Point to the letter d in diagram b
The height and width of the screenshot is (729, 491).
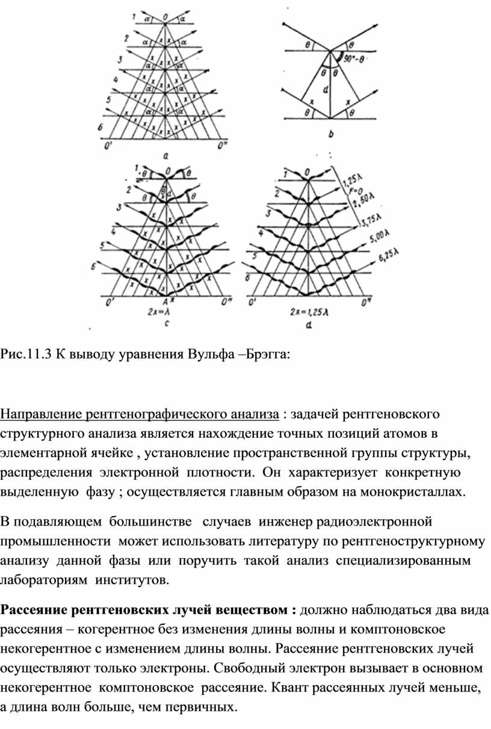pyautogui.click(x=326, y=91)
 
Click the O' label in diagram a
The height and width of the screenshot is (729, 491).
pyautogui.click(x=108, y=146)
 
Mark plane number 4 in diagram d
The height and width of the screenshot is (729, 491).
pyautogui.click(x=259, y=233)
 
